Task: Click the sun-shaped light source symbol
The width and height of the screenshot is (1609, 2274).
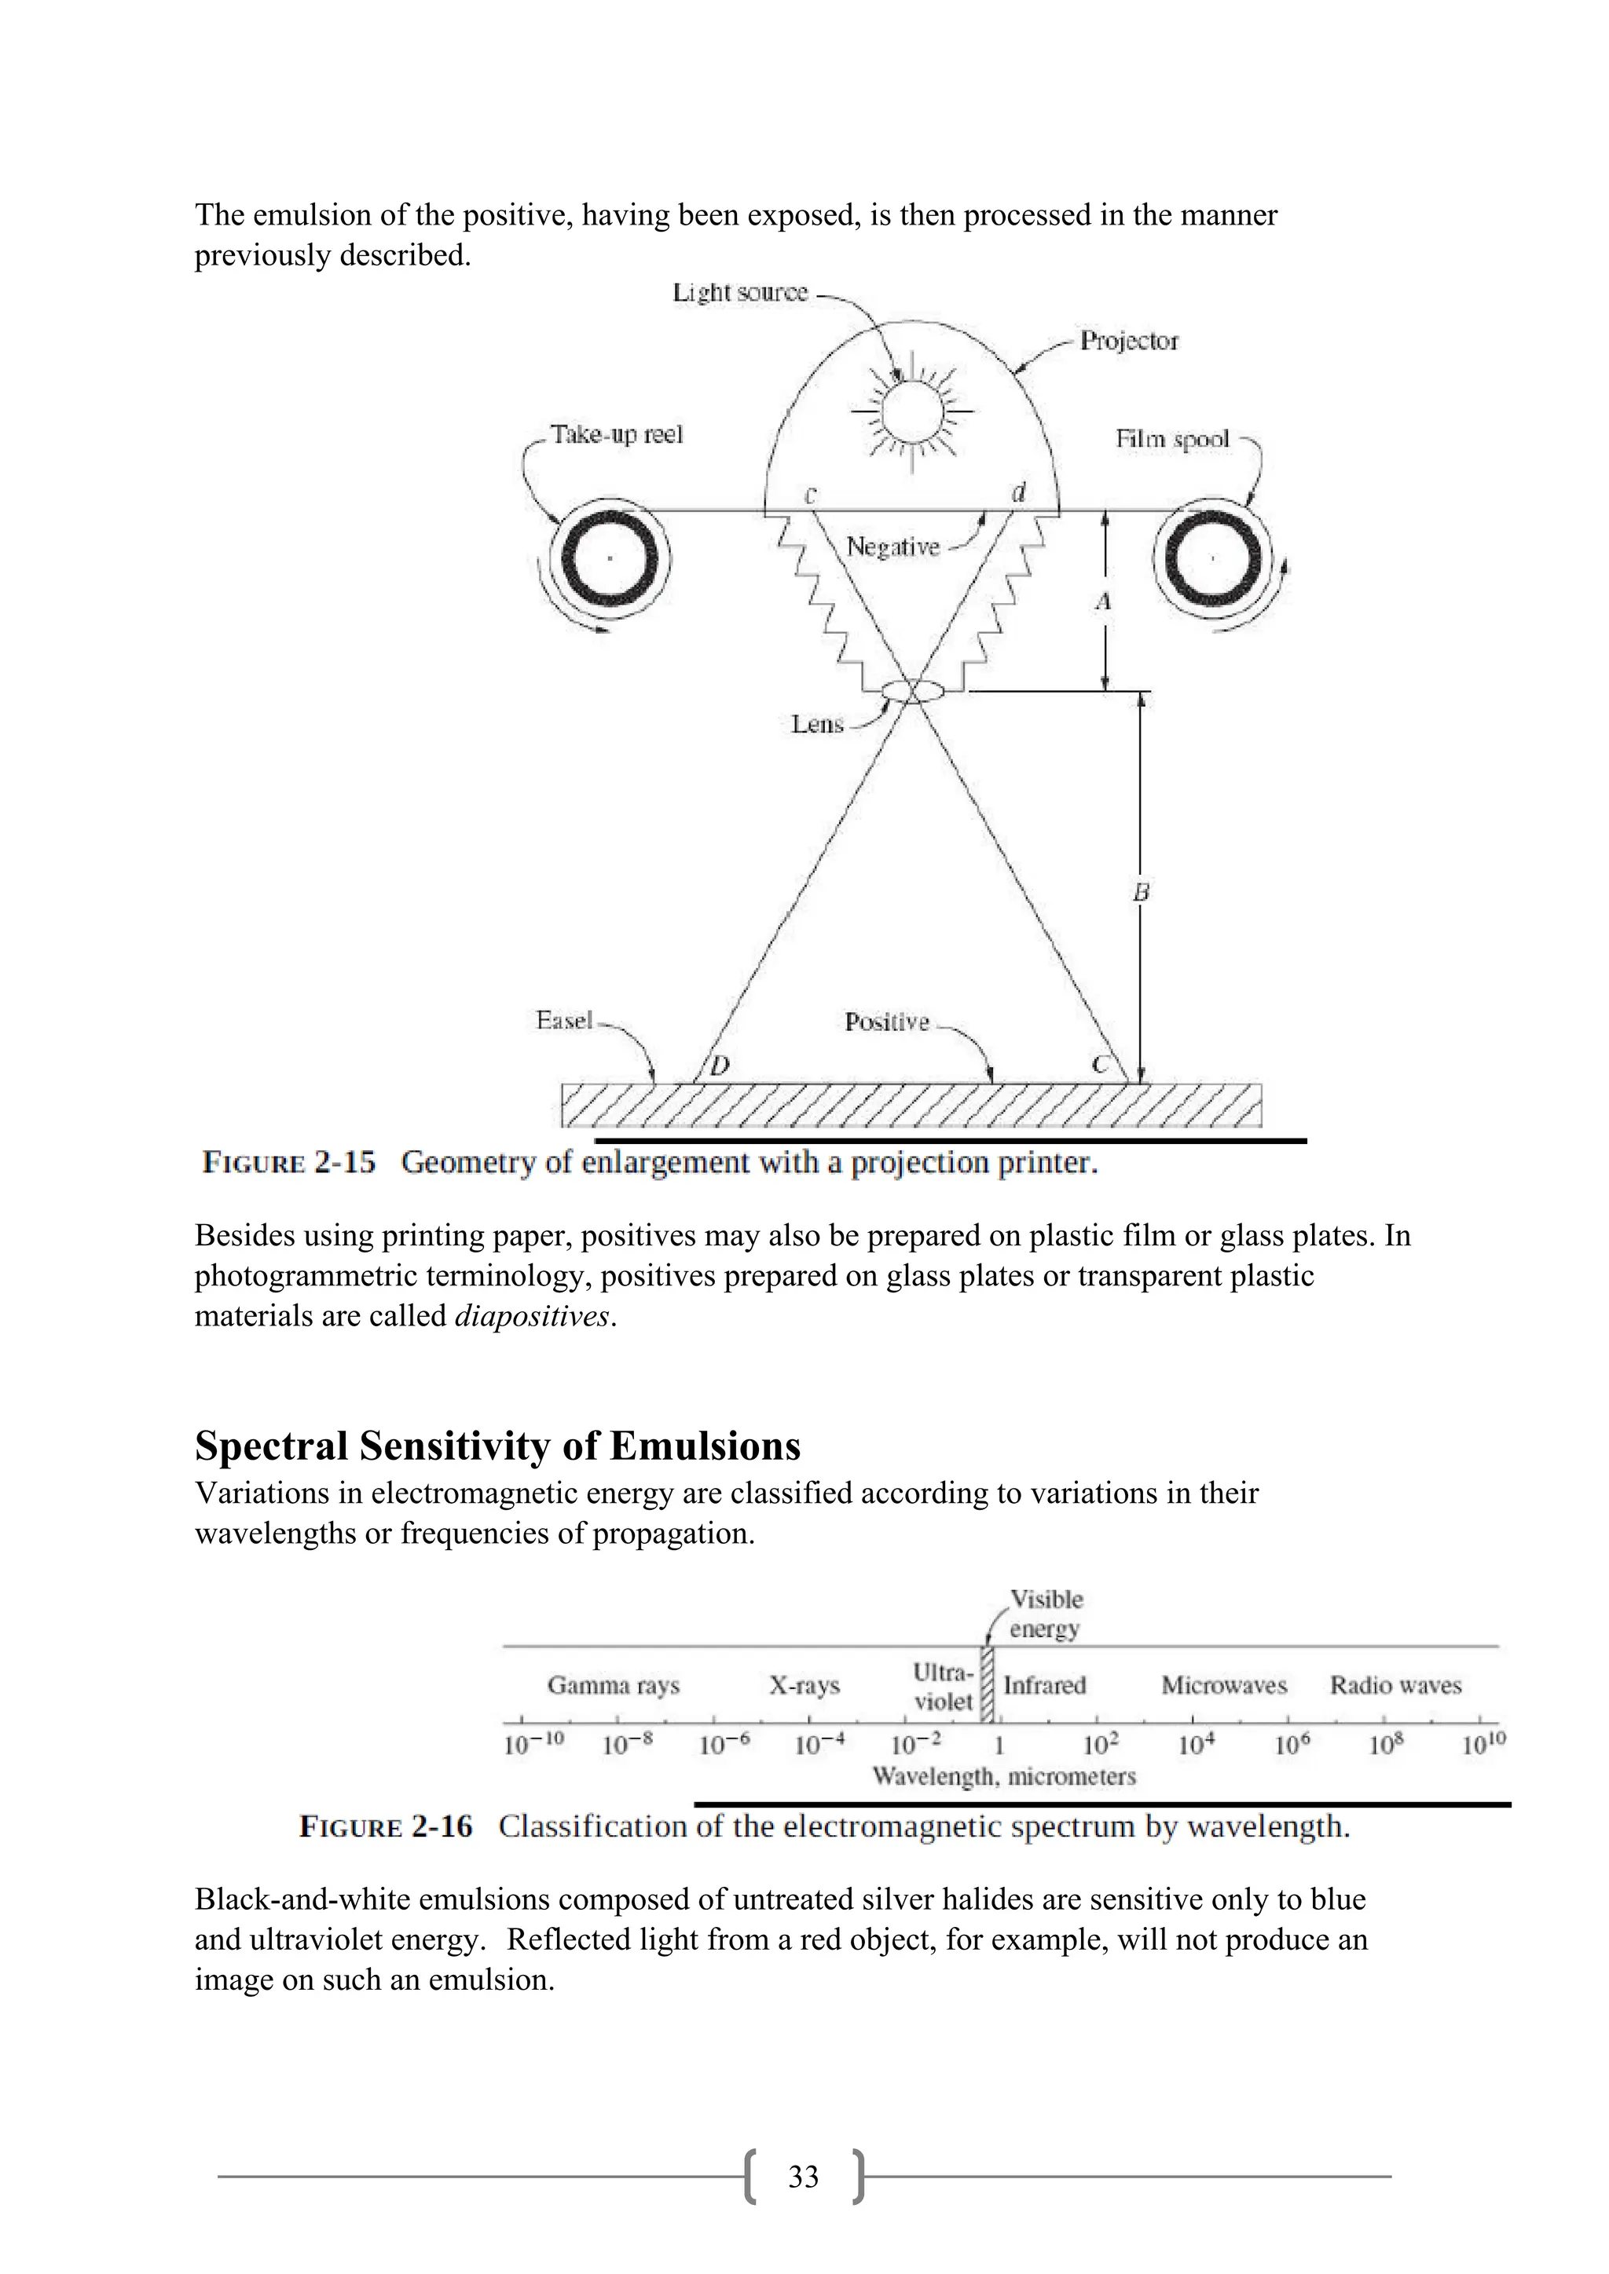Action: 912,410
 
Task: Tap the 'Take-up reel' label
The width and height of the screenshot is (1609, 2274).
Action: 616,435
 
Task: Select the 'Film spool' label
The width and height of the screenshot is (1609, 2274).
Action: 1172,439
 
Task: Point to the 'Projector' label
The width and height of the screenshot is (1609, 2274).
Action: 1128,341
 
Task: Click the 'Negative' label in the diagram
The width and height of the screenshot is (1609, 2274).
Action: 892,547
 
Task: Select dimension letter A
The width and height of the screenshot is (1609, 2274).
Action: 1103,602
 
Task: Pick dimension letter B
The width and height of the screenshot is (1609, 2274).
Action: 1141,892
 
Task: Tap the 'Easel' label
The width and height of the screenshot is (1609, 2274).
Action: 564,1020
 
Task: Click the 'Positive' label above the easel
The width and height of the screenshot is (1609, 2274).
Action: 887,1022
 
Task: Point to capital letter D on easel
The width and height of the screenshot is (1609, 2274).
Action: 720,1066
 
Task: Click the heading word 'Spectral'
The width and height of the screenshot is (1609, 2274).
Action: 270,1446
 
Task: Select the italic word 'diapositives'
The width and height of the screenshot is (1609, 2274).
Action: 532,1316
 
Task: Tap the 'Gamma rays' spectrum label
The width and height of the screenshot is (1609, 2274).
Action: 614,1685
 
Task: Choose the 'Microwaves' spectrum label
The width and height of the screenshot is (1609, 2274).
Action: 1223,1685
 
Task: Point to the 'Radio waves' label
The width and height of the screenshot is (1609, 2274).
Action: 1395,1685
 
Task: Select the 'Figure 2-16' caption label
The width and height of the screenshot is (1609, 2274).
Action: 386,1826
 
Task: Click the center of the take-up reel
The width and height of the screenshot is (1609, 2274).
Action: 610,558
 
